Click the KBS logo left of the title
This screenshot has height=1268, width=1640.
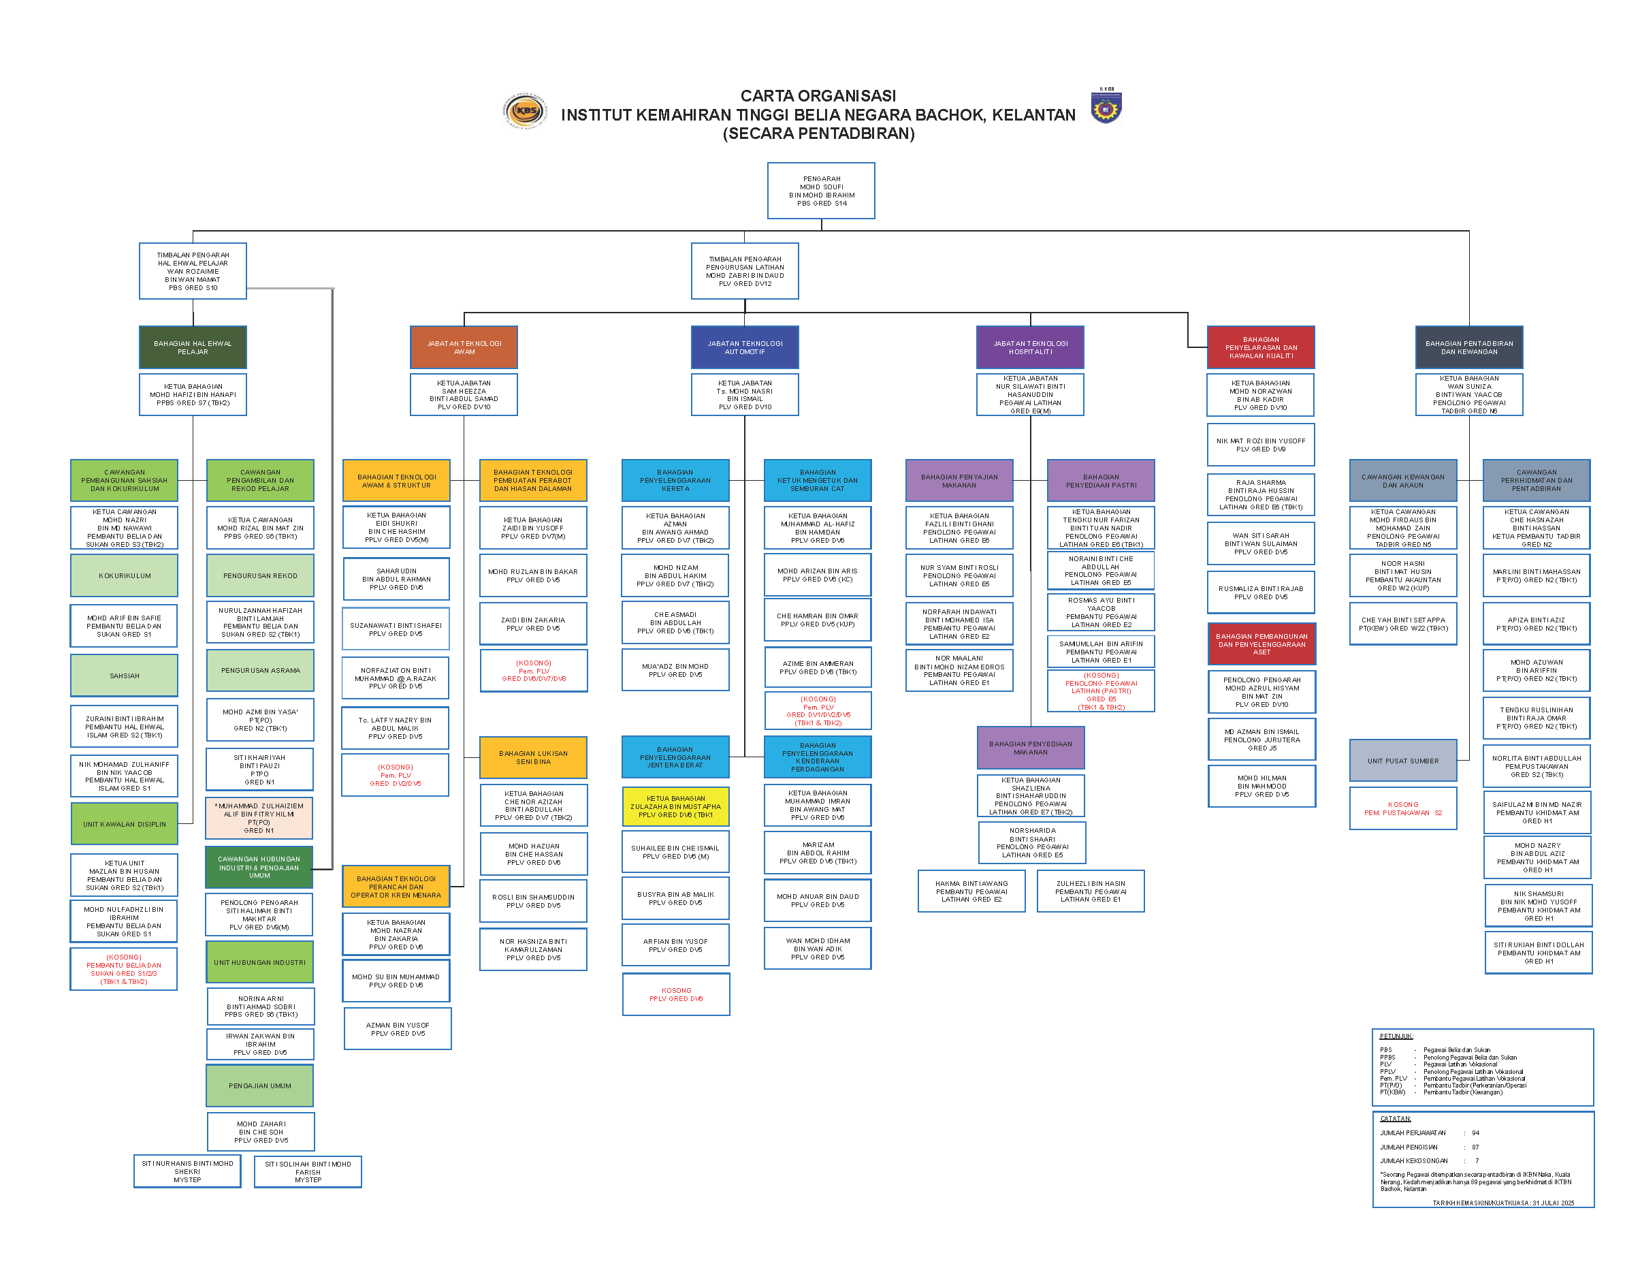click(x=525, y=111)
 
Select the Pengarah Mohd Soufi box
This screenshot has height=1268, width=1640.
click(x=821, y=191)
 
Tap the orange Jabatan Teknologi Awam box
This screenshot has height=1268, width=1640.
click(x=464, y=347)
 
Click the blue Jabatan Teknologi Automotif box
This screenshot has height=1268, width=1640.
click(x=744, y=347)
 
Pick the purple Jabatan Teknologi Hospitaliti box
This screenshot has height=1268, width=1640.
click(x=1029, y=347)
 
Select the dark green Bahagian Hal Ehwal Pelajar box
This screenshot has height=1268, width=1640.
click(x=193, y=347)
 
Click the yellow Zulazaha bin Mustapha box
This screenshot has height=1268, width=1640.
click(x=675, y=806)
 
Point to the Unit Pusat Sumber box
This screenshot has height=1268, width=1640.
click(x=1402, y=760)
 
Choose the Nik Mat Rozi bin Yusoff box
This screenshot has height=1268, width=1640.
click(x=1260, y=445)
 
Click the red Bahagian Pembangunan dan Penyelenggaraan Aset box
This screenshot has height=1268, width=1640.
click(x=1261, y=644)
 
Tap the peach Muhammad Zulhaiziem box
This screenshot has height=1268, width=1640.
click(x=259, y=818)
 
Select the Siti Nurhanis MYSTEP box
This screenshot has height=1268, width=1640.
click(x=187, y=1171)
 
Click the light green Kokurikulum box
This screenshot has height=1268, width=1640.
click(x=125, y=575)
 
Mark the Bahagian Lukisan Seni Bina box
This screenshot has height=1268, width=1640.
click(x=533, y=757)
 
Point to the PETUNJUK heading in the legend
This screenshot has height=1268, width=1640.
click(x=1396, y=1036)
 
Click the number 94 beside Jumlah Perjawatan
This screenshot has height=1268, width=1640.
click(x=1475, y=1132)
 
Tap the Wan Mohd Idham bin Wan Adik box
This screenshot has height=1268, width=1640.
click(x=817, y=949)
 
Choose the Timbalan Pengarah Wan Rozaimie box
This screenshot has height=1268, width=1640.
click(x=193, y=271)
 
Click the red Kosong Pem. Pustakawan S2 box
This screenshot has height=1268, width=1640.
click(x=1402, y=808)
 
